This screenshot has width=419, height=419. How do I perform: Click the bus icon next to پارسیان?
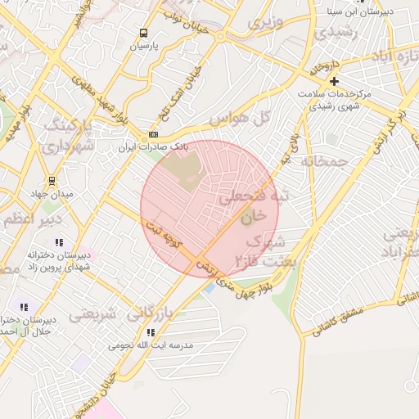(144, 34)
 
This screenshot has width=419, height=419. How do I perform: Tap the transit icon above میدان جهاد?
(52, 181)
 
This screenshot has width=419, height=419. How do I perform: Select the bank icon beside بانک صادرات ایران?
(152, 134)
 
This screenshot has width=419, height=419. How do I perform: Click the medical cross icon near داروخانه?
(334, 81)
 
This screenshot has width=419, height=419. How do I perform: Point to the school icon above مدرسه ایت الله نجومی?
(151, 332)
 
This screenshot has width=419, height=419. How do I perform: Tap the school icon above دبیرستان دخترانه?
(59, 242)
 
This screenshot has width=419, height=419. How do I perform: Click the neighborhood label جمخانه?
(326, 161)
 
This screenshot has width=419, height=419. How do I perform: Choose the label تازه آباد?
(394, 60)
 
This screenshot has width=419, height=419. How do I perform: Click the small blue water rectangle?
(209, 288)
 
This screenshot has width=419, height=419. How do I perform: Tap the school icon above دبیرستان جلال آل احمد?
(23, 306)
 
